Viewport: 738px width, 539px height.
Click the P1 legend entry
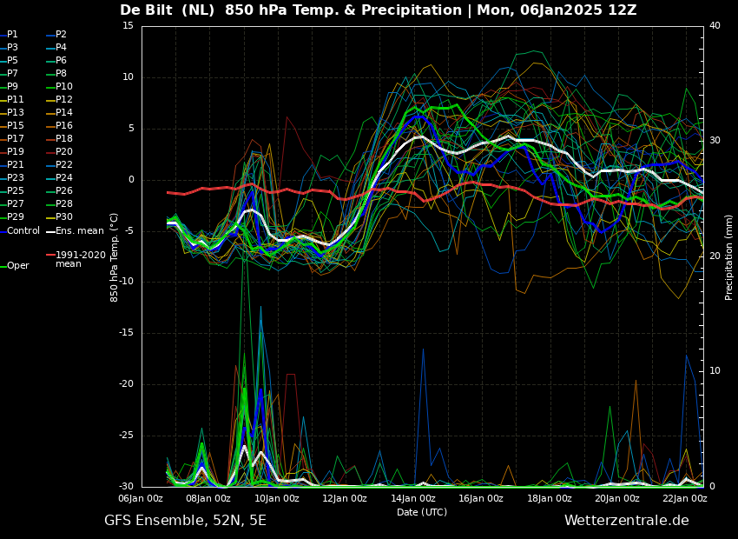pos(10,35)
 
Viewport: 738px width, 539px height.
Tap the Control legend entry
pos(20,231)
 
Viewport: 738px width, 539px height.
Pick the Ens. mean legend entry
pos(75,231)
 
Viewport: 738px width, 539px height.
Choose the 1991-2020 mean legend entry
pos(76,259)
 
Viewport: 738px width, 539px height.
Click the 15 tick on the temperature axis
pos(128,26)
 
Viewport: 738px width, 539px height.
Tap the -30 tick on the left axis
pos(125,487)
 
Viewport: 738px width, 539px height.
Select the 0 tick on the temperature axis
pos(131,180)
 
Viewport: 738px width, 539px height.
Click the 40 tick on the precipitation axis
pos(715,25)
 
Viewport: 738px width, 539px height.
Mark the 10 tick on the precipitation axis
pos(715,371)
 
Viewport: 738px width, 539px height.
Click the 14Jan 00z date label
pos(412,498)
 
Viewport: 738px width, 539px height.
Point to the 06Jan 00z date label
pos(141,498)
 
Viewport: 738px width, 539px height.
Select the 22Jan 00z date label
pos(684,498)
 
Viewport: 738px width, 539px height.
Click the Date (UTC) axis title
pos(422,512)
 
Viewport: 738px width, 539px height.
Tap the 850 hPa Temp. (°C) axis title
pos(115,257)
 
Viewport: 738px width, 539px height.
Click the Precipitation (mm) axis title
pos(729,256)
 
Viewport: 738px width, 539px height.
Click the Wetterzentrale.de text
pos(627,521)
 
